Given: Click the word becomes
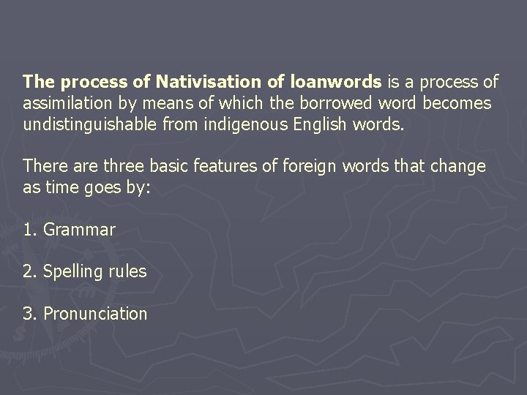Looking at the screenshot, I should (x=454, y=103).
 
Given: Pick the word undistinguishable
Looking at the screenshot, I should (x=83, y=124).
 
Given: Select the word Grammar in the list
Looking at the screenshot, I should (x=79, y=230).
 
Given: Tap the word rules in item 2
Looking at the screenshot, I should (x=128, y=271).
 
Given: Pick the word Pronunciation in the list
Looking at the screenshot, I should (x=95, y=314).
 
